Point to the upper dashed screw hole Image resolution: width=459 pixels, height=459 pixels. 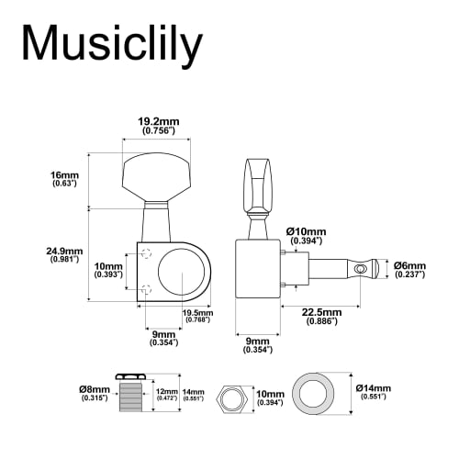pos(147,254)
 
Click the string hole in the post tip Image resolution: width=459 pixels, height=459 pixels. pos(362,267)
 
